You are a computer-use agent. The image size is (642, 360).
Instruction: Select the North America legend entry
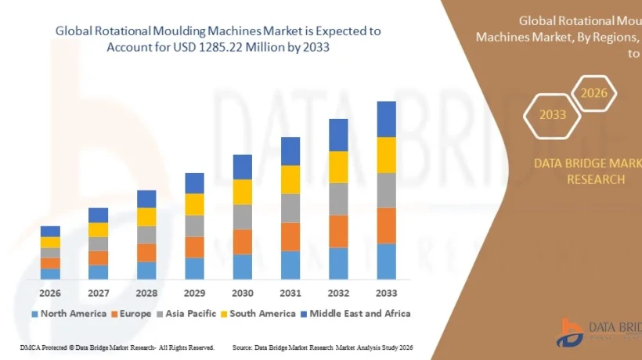click(x=69, y=314)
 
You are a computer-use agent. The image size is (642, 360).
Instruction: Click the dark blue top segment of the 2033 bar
click(x=386, y=119)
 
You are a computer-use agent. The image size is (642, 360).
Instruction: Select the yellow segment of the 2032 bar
click(x=338, y=167)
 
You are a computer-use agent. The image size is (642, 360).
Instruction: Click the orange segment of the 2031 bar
click(x=290, y=236)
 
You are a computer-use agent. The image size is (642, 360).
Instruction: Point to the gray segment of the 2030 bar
click(x=243, y=217)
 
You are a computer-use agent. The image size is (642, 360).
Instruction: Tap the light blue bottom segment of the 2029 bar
click(x=194, y=268)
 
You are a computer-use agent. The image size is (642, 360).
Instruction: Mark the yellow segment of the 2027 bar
click(x=98, y=229)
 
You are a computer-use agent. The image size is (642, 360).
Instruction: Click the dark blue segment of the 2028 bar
click(x=146, y=199)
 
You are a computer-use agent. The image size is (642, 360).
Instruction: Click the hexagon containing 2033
click(x=552, y=115)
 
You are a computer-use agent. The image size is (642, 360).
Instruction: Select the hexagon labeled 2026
click(x=593, y=93)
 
